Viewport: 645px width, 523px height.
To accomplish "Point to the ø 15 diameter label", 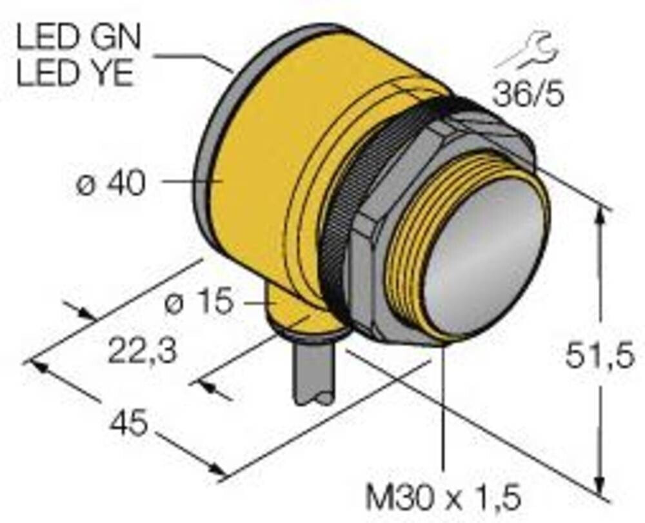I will (198, 302).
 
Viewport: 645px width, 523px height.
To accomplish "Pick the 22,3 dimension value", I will (142, 352).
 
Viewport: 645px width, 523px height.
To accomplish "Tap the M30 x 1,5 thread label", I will (442, 498).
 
